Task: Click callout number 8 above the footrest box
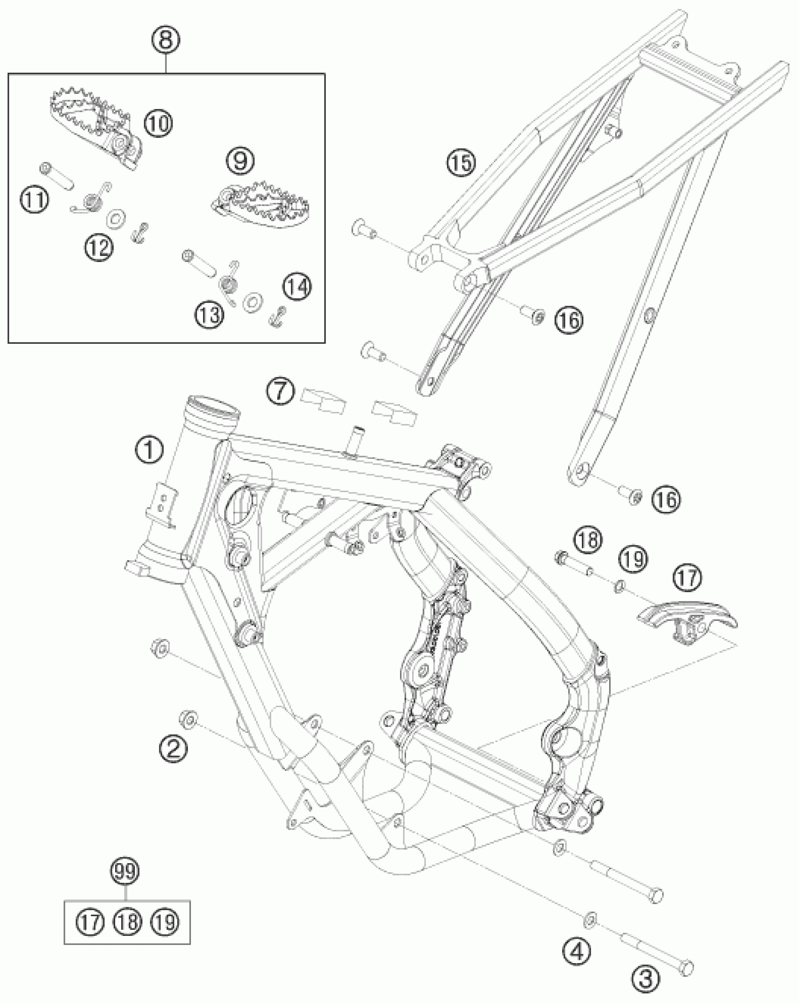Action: [x=165, y=40]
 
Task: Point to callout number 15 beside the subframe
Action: [x=461, y=163]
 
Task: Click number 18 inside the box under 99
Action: [x=128, y=922]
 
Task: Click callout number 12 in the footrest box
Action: [x=99, y=246]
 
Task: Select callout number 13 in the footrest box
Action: [x=209, y=315]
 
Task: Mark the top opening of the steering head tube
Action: [x=214, y=405]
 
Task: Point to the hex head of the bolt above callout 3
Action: [x=687, y=966]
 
